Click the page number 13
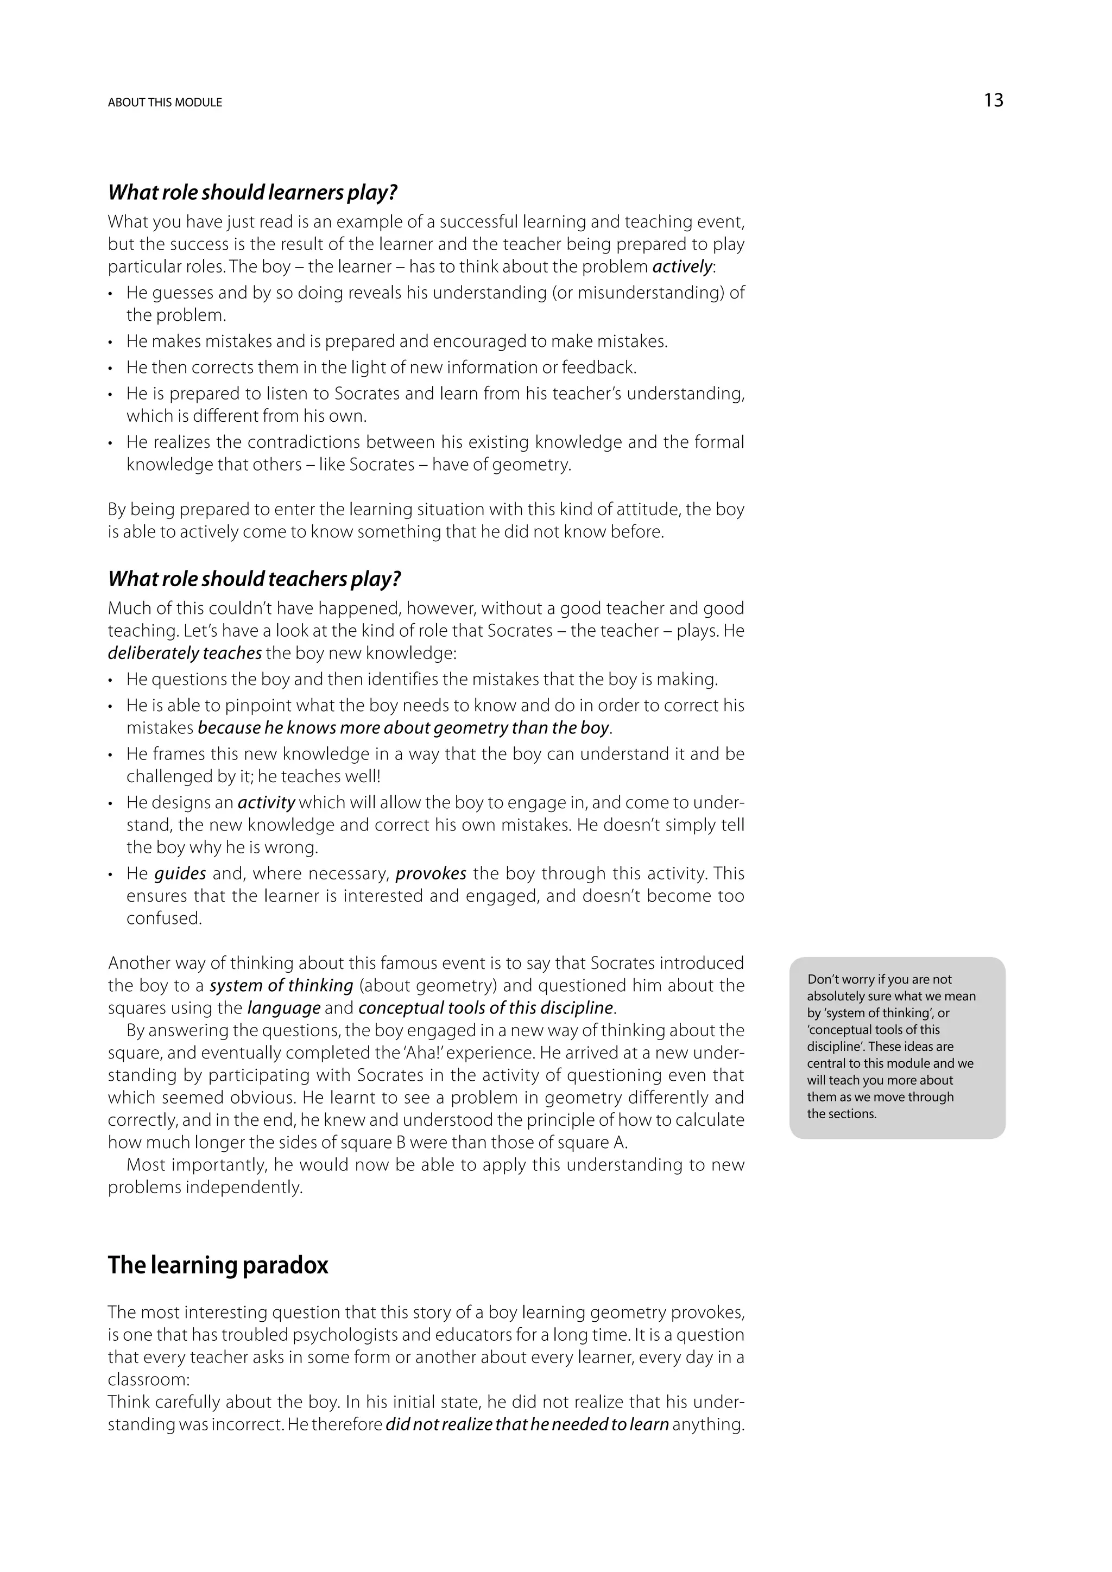click(x=993, y=100)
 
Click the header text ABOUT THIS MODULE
click(x=165, y=103)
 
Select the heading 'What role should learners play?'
click(x=252, y=192)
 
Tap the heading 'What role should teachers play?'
click(x=254, y=579)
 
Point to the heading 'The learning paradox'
click(x=218, y=1265)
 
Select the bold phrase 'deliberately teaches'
click(x=185, y=653)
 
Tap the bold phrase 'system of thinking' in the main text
click(x=281, y=986)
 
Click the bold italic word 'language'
click(x=284, y=1009)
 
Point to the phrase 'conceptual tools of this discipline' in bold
click(x=485, y=1009)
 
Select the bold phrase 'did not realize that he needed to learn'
click(x=527, y=1425)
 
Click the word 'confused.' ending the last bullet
click(x=165, y=919)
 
